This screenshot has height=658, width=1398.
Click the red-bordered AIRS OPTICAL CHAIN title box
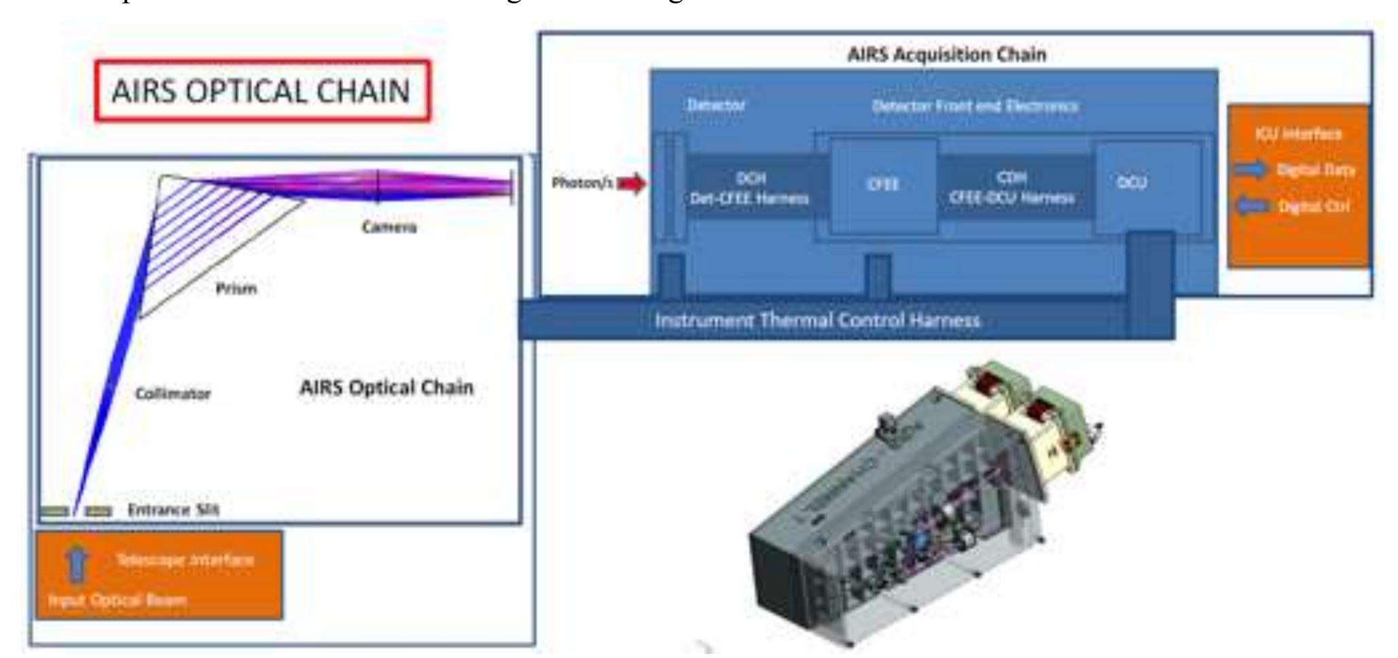pyautogui.click(x=262, y=91)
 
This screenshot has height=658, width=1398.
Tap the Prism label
pyautogui.click(x=236, y=289)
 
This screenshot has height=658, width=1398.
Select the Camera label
pyautogui.click(x=389, y=227)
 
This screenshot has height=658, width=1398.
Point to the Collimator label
pyautogui.click(x=173, y=394)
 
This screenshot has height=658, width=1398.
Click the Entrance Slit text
pyautogui.click(x=173, y=510)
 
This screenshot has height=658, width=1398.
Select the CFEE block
pyautogui.click(x=883, y=185)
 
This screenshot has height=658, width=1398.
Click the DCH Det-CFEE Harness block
pyautogui.click(x=750, y=188)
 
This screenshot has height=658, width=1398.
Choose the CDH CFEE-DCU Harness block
pyautogui.click(x=1012, y=188)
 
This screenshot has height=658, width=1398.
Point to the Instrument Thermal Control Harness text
pyautogui.click(x=817, y=320)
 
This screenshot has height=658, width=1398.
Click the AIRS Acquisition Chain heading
pyautogui.click(x=946, y=54)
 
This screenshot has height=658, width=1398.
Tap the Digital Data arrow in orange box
pyautogui.click(x=1250, y=169)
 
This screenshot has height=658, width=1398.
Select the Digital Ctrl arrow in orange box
pyautogui.click(x=1250, y=206)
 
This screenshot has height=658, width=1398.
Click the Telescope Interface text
pyautogui.click(x=185, y=560)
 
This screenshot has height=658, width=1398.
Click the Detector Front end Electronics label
pyautogui.click(x=975, y=106)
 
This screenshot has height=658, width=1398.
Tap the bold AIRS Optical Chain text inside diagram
pyautogui.click(x=387, y=387)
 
